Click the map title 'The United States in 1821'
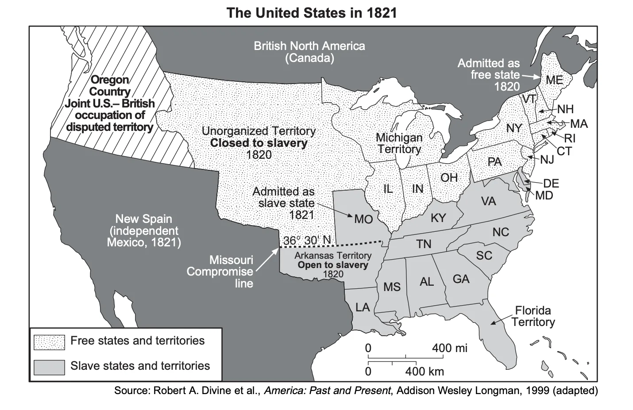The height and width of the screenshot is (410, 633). [x=312, y=12]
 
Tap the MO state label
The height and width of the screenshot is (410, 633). [x=363, y=219]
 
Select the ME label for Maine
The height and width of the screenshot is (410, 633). [x=554, y=80]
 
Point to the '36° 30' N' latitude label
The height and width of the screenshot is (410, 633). [x=307, y=240]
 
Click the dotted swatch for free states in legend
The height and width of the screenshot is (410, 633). [x=49, y=341]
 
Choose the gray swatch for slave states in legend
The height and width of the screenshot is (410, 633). [x=49, y=367]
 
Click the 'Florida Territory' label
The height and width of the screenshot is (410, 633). [x=533, y=316]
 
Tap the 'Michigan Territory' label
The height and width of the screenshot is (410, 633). [x=399, y=143]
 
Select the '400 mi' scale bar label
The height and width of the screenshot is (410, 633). [x=449, y=348]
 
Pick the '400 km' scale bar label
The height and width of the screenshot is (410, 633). [x=424, y=371]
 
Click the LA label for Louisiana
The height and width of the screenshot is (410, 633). [x=363, y=307]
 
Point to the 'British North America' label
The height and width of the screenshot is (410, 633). [x=309, y=46]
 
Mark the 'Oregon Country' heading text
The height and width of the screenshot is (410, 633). [x=110, y=86]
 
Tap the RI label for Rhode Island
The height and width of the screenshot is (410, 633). [x=570, y=138]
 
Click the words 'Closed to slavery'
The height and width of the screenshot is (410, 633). [x=259, y=143]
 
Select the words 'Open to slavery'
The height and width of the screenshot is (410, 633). [x=333, y=265]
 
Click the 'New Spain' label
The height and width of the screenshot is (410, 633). [x=143, y=218]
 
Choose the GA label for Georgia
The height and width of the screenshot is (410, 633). [x=461, y=279]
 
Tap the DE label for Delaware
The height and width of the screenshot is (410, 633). [x=551, y=183]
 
